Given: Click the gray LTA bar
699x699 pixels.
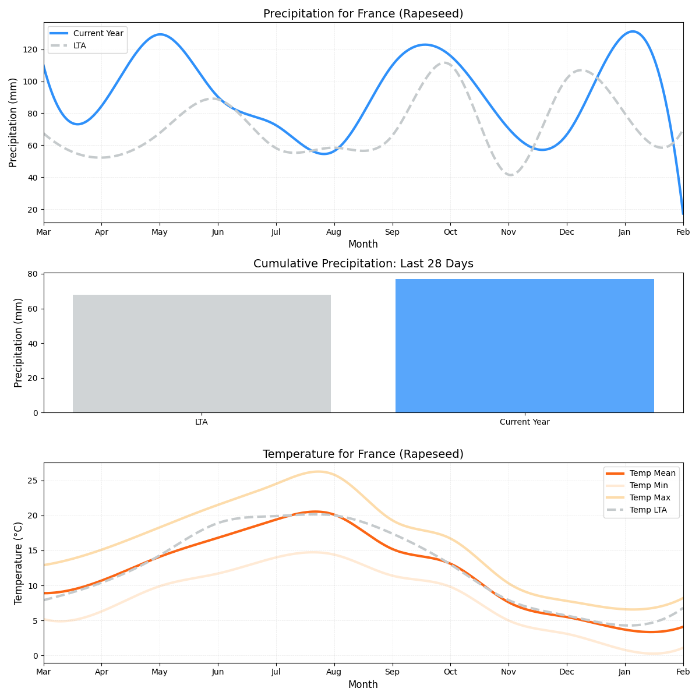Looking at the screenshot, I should click(x=202, y=354).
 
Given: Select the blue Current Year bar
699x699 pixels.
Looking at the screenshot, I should click(x=524, y=346).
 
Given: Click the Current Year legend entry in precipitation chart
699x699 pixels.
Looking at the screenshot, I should click(x=98, y=34).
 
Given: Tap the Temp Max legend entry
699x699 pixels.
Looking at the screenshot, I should click(x=649, y=497).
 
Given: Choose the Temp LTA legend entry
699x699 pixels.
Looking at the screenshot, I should click(x=648, y=510).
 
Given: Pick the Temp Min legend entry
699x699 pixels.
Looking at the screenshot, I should click(x=648, y=485).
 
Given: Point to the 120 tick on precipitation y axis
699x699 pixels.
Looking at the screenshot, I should click(x=31, y=50).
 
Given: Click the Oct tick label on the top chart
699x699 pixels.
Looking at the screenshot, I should click(x=450, y=232).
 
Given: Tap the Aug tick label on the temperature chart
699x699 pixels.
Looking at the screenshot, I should click(x=334, y=672).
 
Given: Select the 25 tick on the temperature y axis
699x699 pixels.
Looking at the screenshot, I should click(x=33, y=481).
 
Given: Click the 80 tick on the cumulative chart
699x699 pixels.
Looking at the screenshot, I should click(x=33, y=274).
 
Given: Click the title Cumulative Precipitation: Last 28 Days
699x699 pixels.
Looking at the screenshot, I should click(x=363, y=264).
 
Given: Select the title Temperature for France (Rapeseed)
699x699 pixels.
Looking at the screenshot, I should click(x=363, y=454).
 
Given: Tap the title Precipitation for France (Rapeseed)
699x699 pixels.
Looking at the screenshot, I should click(x=363, y=14).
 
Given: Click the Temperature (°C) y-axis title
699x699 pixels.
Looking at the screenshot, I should click(x=18, y=563).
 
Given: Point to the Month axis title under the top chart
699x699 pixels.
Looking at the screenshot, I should click(x=363, y=244).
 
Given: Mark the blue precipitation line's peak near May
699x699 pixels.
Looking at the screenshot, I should click(x=160, y=34).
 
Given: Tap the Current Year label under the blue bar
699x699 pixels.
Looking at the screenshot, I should click(x=524, y=422).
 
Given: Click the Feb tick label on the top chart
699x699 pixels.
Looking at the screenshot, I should click(x=683, y=232).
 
